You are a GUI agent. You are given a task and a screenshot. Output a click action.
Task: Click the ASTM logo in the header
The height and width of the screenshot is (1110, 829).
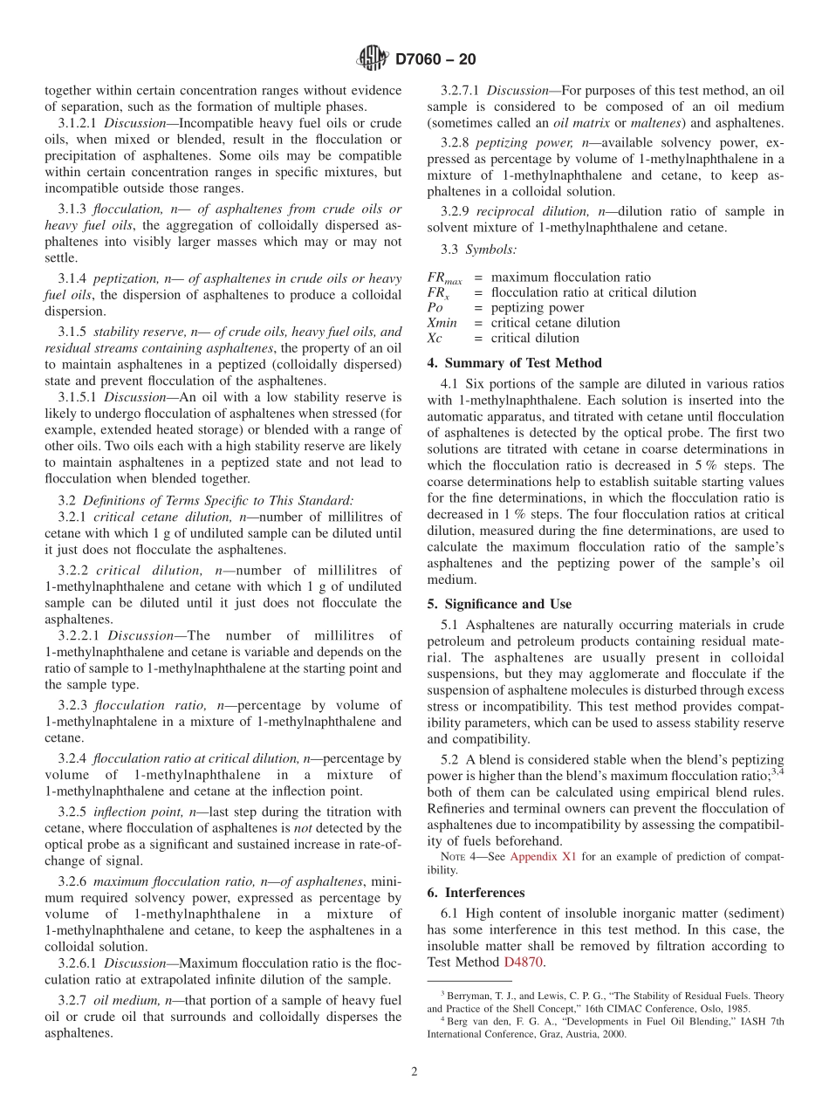pyautogui.click(x=373, y=59)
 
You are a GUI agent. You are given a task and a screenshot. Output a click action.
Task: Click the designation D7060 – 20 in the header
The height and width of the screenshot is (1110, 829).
pyautogui.click(x=435, y=59)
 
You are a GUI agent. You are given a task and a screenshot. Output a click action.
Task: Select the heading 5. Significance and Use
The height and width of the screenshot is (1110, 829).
pyautogui.click(x=499, y=604)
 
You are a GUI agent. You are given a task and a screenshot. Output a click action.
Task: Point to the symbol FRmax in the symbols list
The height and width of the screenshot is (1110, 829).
pyautogui.click(x=444, y=278)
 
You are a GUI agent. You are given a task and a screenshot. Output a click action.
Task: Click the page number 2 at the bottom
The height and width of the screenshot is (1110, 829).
pyautogui.click(x=414, y=1072)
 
